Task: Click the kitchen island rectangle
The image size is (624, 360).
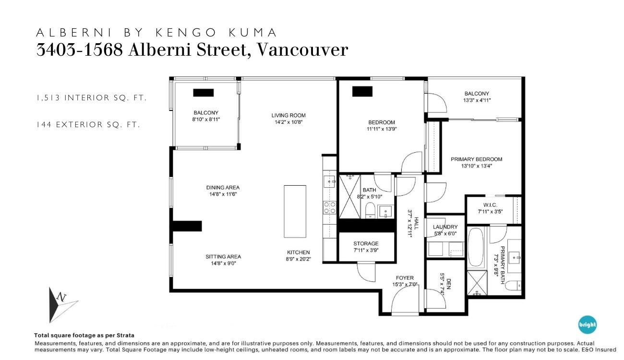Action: [x=295, y=212]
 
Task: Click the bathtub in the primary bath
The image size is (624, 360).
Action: [x=476, y=247]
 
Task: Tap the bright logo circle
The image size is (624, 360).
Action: [x=587, y=324]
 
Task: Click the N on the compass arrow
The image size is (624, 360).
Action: [x=61, y=297]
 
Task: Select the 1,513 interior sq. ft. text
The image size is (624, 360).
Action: [x=91, y=98]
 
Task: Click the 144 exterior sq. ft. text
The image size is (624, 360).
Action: [x=88, y=124]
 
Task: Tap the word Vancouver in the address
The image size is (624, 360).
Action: [x=302, y=50]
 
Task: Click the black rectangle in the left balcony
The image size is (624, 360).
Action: [x=204, y=93]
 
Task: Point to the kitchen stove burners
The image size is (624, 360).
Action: [x=330, y=208]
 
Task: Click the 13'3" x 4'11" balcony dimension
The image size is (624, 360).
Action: [x=477, y=100]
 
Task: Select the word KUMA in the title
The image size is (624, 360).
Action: [x=252, y=33]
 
